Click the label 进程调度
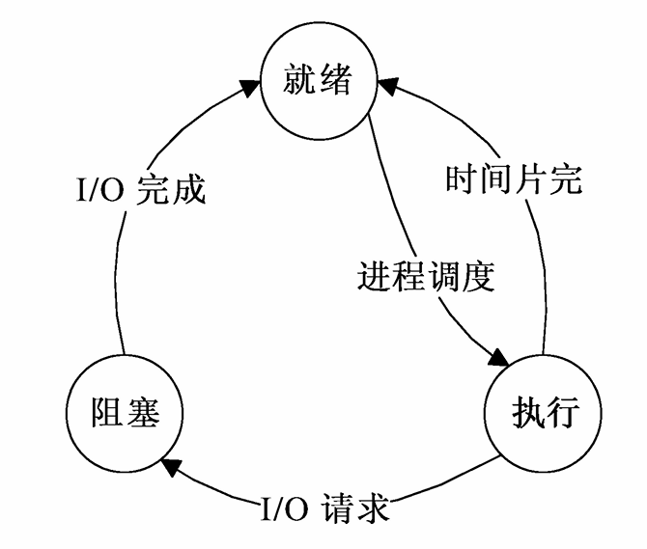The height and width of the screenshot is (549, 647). (x=426, y=277)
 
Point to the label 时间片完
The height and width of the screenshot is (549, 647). (x=514, y=178)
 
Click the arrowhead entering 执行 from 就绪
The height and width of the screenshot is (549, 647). (x=498, y=357)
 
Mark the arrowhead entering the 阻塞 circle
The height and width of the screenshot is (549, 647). (x=172, y=467)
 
